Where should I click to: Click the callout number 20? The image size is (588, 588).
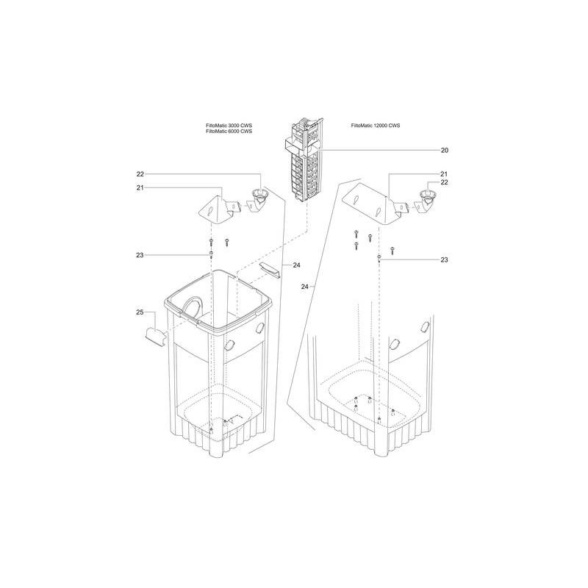[x=444, y=150]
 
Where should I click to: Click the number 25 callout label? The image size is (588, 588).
[x=140, y=313]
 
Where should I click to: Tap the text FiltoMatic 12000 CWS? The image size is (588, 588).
[x=376, y=126]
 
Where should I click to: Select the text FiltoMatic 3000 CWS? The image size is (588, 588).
[x=229, y=126]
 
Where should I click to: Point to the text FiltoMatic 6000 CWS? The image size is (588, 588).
[x=229, y=132]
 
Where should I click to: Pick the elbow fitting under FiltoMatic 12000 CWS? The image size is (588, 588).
[x=426, y=201]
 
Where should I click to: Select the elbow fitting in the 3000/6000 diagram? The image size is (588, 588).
[x=259, y=201]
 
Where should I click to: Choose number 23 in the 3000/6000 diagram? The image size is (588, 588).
[x=140, y=255]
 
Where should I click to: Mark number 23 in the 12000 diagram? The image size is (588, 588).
[x=444, y=259]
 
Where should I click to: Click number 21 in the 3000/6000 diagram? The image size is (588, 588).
[x=140, y=188]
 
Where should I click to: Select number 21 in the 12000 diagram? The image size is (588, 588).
[x=444, y=173]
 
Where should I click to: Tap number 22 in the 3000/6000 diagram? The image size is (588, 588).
[x=140, y=174]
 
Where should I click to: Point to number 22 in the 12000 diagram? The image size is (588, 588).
[x=444, y=182]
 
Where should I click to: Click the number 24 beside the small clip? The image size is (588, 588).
[x=296, y=265]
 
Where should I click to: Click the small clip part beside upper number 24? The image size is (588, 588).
[x=270, y=269]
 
